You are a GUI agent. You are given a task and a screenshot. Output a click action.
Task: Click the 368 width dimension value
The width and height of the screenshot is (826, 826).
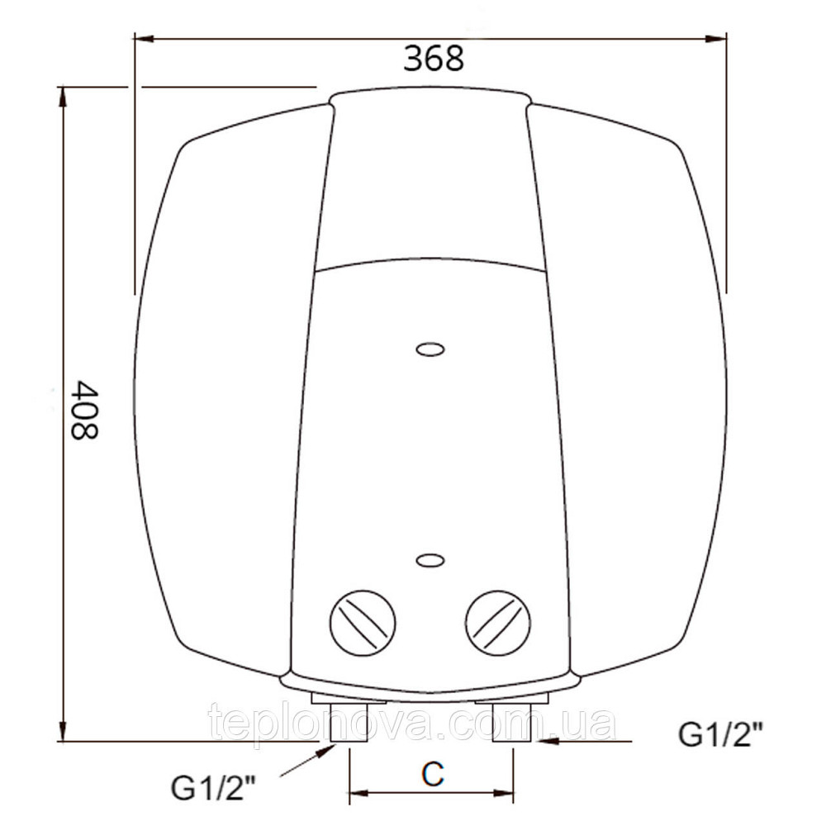[434, 59]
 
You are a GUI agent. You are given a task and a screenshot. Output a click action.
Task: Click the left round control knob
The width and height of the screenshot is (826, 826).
[362, 620]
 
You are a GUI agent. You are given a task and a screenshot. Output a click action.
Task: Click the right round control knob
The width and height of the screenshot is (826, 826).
[499, 620]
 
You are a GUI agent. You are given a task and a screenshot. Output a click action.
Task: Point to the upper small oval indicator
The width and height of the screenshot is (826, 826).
[430, 350]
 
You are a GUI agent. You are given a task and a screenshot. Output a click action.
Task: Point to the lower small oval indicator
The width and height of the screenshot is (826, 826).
[430, 561]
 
